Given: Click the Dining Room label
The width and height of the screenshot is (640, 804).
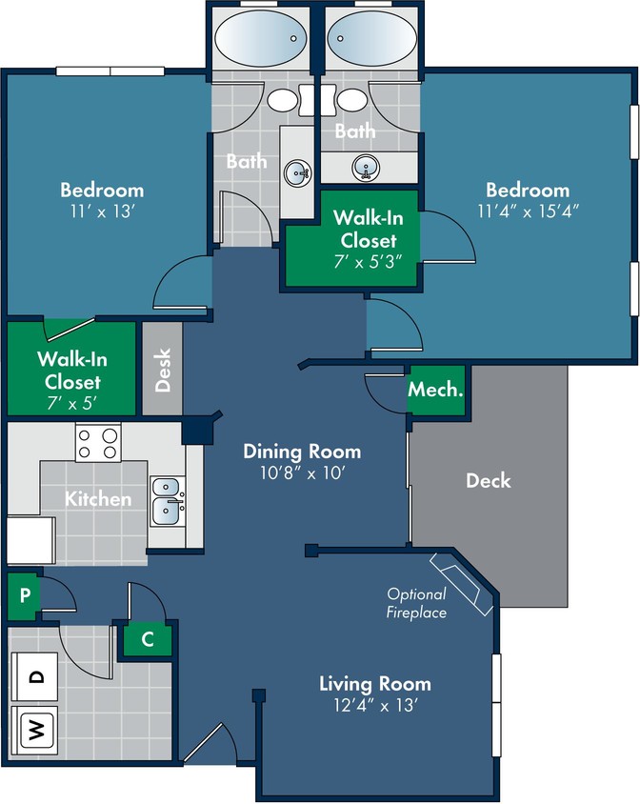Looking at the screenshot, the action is pyautogui.click(x=302, y=452).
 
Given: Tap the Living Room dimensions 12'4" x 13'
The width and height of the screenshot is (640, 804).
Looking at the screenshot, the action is pyautogui.click(x=374, y=706).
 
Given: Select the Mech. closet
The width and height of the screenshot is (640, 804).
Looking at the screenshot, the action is pyautogui.click(x=436, y=390).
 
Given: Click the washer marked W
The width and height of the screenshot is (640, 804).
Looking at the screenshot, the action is pyautogui.click(x=34, y=730).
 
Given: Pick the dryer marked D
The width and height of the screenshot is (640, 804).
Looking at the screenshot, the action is pyautogui.click(x=34, y=676).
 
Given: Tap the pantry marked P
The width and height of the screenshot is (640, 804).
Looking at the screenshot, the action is pyautogui.click(x=24, y=595).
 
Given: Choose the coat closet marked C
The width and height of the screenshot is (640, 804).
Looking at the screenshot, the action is pyautogui.click(x=148, y=639).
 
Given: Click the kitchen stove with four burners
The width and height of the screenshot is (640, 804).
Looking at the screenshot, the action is pyautogui.click(x=98, y=442).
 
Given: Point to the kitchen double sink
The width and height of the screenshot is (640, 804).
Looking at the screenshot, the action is pyautogui.click(x=166, y=501).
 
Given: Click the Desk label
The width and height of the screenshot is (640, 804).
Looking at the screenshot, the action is pyautogui.click(x=163, y=370).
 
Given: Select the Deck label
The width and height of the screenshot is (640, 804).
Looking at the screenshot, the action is pyautogui.click(x=489, y=480).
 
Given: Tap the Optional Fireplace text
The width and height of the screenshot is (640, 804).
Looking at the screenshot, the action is pyautogui.click(x=416, y=603).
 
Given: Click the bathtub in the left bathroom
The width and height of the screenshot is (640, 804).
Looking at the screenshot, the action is pyautogui.click(x=261, y=38).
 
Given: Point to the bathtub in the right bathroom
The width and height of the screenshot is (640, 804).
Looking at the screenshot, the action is pyautogui.click(x=371, y=38).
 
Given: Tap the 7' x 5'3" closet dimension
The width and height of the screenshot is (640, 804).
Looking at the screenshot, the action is pyautogui.click(x=368, y=262).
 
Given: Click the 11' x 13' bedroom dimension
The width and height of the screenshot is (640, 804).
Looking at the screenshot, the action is pyautogui.click(x=102, y=211).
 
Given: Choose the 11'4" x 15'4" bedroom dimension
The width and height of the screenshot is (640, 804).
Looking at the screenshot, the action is pyautogui.click(x=528, y=211).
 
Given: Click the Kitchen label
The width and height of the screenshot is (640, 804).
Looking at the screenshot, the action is pyautogui.click(x=98, y=498).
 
